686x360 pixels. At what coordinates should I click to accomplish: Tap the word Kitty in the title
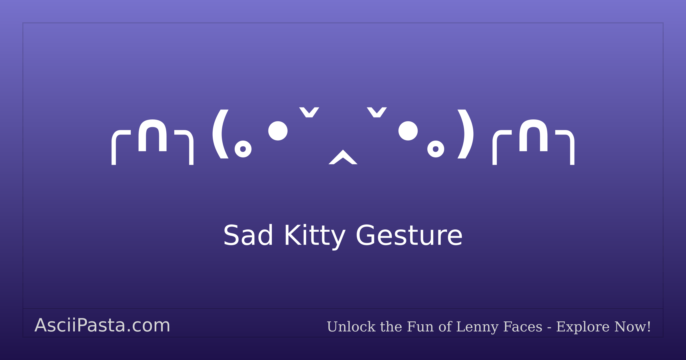pos(315,236)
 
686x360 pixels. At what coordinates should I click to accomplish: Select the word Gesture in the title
pos(409,236)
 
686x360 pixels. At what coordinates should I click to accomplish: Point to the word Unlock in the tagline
pos(351,327)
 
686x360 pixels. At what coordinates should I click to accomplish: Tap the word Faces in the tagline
pos(523,327)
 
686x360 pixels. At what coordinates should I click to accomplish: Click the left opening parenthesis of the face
pos(220,134)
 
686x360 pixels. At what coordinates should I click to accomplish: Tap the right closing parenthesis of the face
pos(466,134)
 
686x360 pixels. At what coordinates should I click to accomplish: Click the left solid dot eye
pos(278,131)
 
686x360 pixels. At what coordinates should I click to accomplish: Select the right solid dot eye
pos(408,131)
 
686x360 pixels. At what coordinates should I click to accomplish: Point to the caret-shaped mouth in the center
pos(343,157)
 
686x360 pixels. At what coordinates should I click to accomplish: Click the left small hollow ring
pos(243,149)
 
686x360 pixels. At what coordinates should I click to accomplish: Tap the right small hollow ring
pos(436,149)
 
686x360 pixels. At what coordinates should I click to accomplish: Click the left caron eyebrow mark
pos(309,112)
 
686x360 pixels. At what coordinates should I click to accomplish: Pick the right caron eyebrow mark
pos(377,112)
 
